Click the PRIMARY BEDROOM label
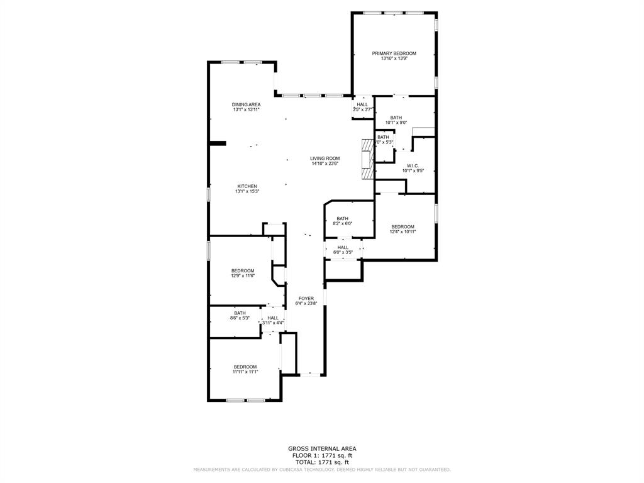click(394, 53)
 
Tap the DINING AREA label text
click(246, 104)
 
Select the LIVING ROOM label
click(325, 158)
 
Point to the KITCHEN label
click(247, 186)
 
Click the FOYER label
click(306, 299)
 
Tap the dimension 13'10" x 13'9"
click(394, 58)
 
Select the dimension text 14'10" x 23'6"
click(325, 164)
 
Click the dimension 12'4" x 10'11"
click(402, 231)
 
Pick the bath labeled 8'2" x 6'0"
click(342, 221)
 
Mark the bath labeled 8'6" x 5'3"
click(240, 315)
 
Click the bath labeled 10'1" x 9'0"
click(396, 119)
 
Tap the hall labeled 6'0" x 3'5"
click(343, 250)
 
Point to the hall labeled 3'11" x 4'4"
click(273, 320)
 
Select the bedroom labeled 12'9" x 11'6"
click(243, 273)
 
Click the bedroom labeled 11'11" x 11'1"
click(245, 369)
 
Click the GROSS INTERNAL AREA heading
click(322, 448)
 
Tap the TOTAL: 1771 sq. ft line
click(322, 462)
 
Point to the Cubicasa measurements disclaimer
click(322, 469)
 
